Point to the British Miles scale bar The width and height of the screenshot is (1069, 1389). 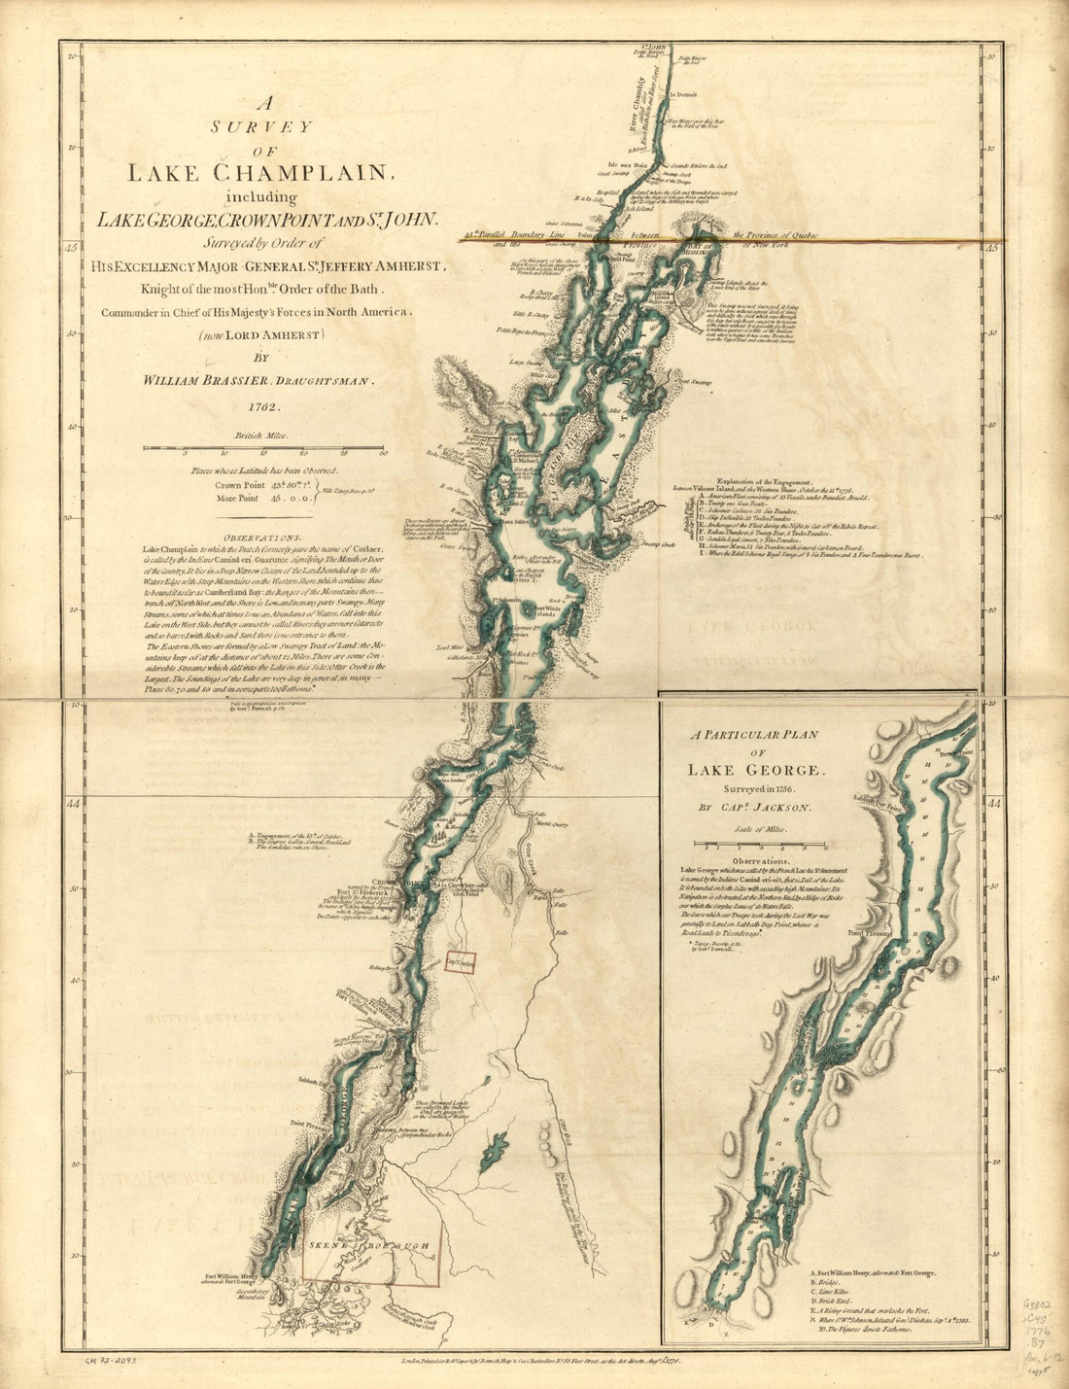[x=264, y=449]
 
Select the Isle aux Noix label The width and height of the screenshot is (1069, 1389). [x=627, y=164]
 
